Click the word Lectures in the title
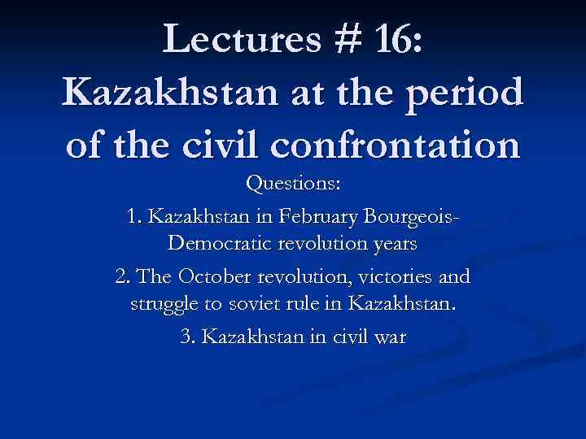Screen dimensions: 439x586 click(230, 37)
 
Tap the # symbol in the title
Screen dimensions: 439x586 click(335, 37)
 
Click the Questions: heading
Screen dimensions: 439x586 click(293, 185)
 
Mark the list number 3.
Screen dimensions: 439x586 click(186, 337)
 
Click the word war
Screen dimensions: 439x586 click(390, 337)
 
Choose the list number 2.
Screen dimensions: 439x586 click(122, 277)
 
